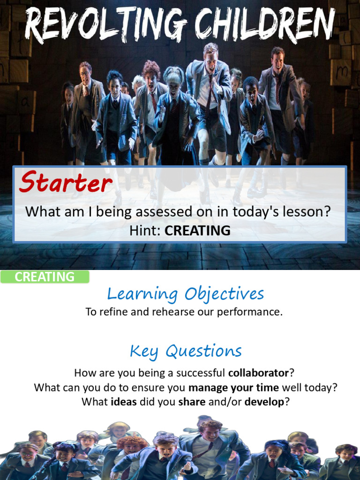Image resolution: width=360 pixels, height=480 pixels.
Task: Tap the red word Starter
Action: click(x=65, y=183)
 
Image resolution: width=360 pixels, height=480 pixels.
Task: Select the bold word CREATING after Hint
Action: click(x=197, y=231)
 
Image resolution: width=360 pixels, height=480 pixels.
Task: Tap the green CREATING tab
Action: click(x=45, y=277)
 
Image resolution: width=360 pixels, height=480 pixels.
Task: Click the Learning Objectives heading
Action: click(x=186, y=294)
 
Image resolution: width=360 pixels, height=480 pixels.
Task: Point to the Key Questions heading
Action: click(x=186, y=351)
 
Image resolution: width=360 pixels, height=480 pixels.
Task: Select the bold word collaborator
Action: click(x=258, y=373)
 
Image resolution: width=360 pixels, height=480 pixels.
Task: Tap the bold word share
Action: click(x=189, y=402)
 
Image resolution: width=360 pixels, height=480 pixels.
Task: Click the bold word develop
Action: click(x=264, y=402)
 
